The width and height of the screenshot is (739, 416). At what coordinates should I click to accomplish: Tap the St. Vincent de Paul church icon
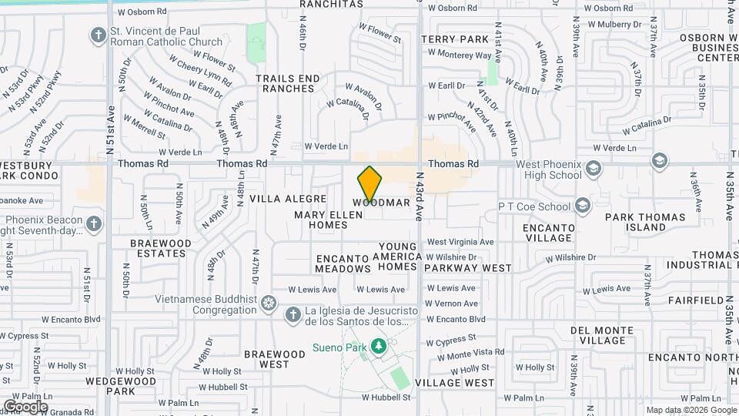tap(98, 35)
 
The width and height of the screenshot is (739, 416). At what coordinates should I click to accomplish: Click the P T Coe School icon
tap(583, 205)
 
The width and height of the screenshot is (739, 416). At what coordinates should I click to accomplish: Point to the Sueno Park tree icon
tap(378, 347)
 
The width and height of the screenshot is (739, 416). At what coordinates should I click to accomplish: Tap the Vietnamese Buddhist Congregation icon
tap(268, 301)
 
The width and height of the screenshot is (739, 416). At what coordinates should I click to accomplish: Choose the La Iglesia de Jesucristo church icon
tap(293, 314)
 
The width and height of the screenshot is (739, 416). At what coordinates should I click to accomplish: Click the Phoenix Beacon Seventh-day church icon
tap(94, 223)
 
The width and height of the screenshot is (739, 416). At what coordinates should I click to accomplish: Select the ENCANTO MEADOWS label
tap(343, 263)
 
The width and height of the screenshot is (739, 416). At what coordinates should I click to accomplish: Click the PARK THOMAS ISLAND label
tap(645, 222)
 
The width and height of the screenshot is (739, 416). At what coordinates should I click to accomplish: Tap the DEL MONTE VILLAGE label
tap(602, 334)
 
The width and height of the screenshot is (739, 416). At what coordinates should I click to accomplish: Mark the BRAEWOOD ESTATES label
tap(160, 248)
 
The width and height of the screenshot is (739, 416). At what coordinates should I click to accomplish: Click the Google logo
tap(25, 406)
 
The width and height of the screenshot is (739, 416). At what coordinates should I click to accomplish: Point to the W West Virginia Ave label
tap(460, 242)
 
